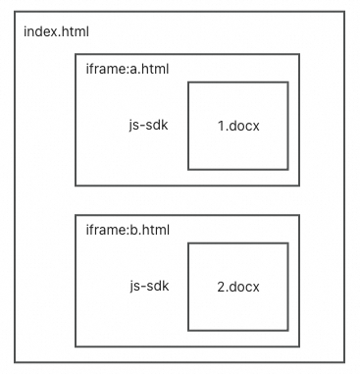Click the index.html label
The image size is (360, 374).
[56, 32]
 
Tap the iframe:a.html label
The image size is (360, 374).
[128, 69]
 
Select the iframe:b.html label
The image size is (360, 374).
[128, 230]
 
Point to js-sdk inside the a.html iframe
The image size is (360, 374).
[148, 126]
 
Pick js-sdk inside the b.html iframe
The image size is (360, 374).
[149, 286]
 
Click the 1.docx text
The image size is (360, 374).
[238, 126]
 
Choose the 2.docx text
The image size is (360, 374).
[238, 287]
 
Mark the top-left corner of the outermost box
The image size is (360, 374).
[15, 12]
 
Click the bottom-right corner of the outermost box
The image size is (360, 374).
[344, 362]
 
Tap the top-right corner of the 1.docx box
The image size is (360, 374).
[288, 82]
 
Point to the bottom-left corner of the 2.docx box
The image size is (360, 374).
[188, 330]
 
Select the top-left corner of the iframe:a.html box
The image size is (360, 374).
[76, 54]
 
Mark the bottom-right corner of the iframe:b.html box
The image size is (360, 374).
[299, 347]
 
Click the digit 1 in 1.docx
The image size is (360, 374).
[221, 126]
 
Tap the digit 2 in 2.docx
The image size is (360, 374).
[222, 287]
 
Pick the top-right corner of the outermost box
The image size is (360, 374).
[344, 12]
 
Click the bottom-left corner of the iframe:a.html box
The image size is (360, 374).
[76, 186]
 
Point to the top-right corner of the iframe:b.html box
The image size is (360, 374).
[299, 215]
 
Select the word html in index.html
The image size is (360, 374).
[76, 32]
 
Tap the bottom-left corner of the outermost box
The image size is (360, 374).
[15, 362]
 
